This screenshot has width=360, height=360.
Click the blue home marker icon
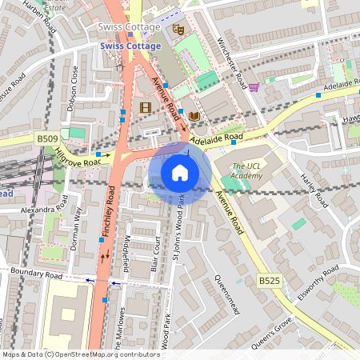click(180, 173)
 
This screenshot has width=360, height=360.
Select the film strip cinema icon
click(145, 106)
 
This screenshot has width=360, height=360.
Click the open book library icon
click(194, 117)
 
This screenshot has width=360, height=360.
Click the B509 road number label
click(47, 139)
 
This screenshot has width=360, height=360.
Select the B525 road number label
click(270, 281)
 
